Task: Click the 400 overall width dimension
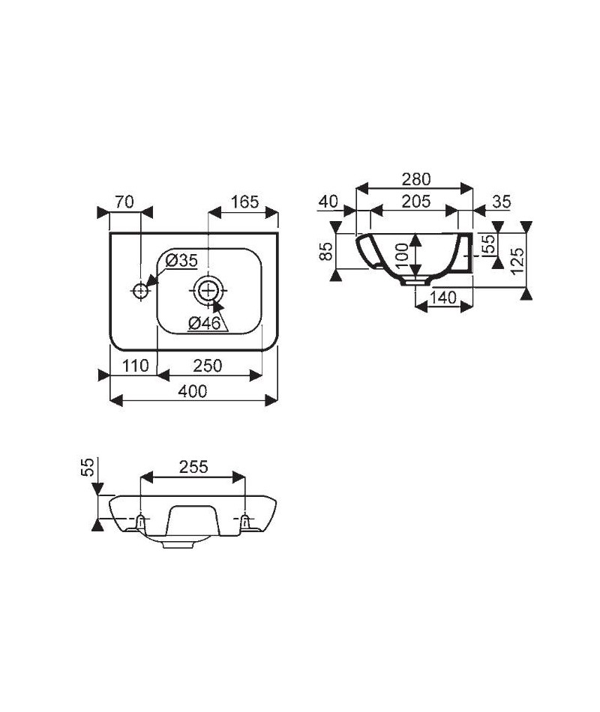pos(192,391)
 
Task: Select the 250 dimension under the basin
pos(207,366)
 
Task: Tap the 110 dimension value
pos(135,366)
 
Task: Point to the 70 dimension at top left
pos(124,202)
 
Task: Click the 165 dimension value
pos(244,202)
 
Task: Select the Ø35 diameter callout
pos(181,261)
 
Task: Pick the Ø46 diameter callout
pos(204,323)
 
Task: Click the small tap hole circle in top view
pos(140,290)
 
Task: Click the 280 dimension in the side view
pos(416,179)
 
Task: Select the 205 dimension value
pos(415,202)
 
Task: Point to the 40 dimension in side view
pos(328,201)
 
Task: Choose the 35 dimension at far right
pos(501,202)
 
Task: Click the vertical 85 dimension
pos(326,251)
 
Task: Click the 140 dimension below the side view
pos(442,298)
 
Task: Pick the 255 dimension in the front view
pos(193,467)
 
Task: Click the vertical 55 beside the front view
pos(87,467)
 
